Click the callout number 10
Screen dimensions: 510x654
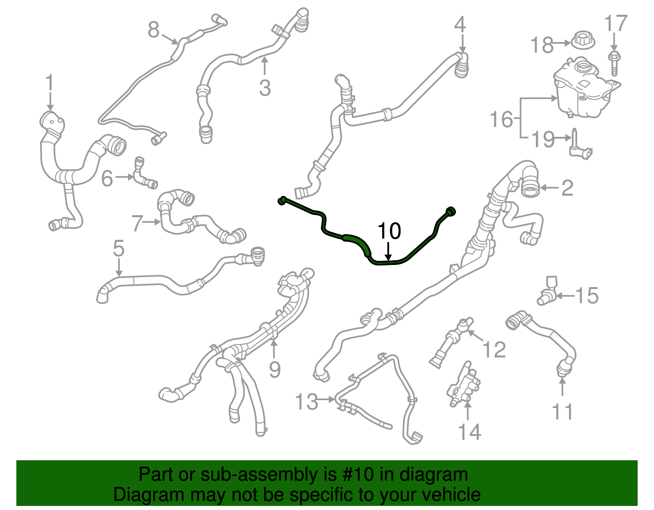tap(389, 231)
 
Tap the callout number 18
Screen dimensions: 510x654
tap(542, 45)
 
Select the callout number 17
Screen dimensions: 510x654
tap(615, 24)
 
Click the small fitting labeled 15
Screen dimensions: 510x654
tap(547, 293)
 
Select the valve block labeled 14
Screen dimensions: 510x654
tap(464, 384)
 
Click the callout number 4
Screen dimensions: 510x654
tap(460, 24)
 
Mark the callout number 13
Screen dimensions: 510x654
tap(307, 402)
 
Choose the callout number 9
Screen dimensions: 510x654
tap(275, 370)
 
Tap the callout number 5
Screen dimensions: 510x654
tap(119, 248)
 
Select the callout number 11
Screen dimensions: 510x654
tap(562, 412)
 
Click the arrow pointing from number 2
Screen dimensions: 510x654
tap(550, 188)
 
